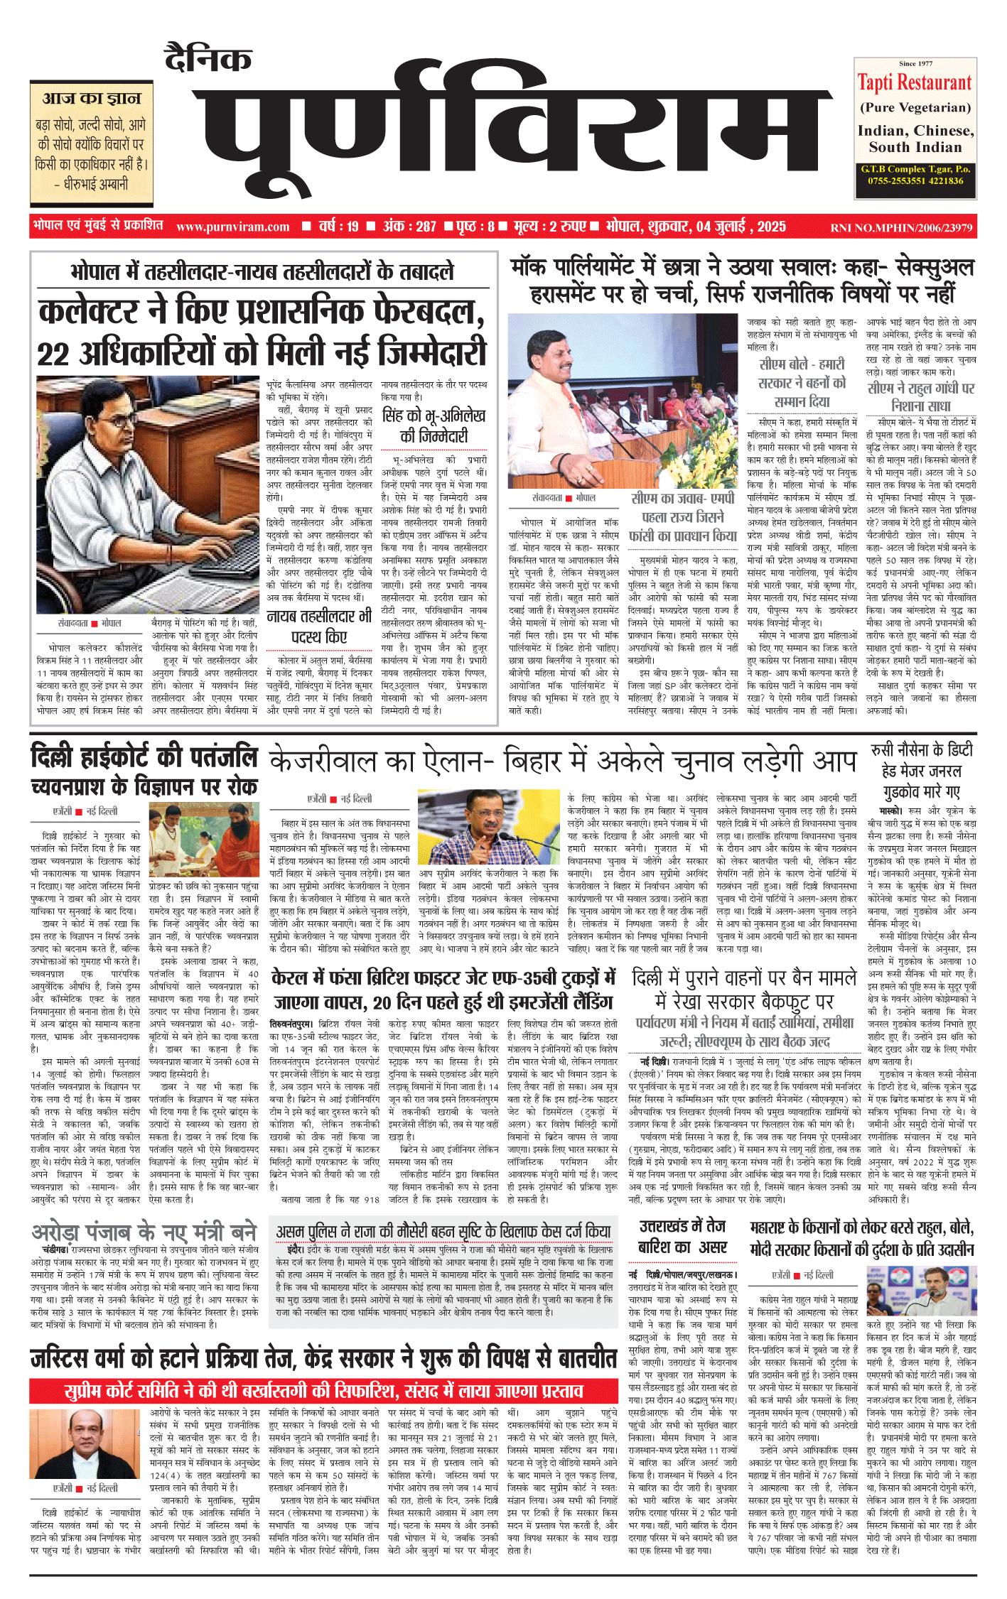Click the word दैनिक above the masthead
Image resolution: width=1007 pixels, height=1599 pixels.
[208, 58]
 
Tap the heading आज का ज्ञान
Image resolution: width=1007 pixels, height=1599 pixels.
[92, 98]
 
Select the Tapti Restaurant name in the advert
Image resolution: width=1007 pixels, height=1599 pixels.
[915, 83]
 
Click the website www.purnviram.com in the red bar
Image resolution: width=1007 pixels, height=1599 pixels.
[233, 227]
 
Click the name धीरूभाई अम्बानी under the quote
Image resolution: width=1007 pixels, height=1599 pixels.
[92, 185]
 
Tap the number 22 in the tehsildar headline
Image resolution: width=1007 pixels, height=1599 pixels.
[53, 354]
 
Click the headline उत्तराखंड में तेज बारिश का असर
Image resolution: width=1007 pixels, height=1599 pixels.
[682, 1237]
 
